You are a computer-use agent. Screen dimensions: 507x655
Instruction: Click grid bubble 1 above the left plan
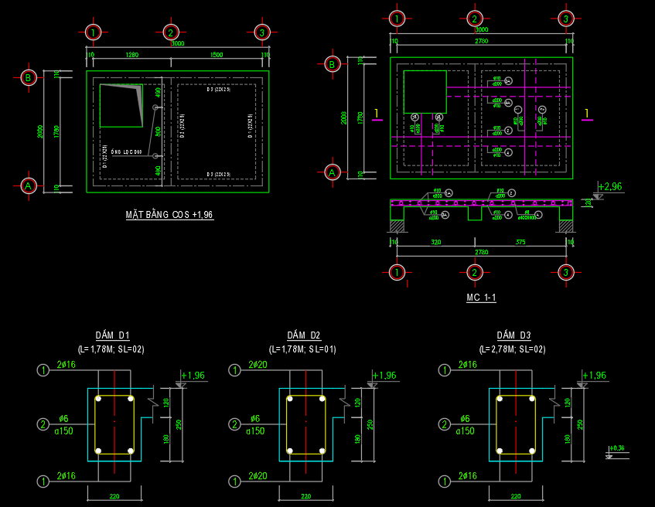pos(94,32)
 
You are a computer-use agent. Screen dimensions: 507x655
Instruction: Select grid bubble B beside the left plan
pos(29,77)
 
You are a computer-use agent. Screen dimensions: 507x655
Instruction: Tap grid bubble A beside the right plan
pos(333,172)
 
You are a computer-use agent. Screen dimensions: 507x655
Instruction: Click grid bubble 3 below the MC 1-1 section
pos(566,272)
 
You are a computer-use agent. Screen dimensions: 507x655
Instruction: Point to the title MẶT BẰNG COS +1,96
pos(169,214)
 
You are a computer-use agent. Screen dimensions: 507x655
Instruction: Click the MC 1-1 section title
pos(481,298)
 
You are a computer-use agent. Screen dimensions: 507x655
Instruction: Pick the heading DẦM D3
pos(513,335)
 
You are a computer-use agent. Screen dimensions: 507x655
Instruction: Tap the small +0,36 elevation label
pos(617,447)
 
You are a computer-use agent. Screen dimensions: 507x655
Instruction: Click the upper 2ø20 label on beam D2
pos(258,365)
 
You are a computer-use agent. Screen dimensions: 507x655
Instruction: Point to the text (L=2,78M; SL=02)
pos(513,349)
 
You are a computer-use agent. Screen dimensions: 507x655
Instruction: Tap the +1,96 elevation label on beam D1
pos(193,376)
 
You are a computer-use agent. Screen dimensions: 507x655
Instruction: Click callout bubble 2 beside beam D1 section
pos(43,424)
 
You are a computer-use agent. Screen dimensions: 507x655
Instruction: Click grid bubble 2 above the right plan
pos(475,19)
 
